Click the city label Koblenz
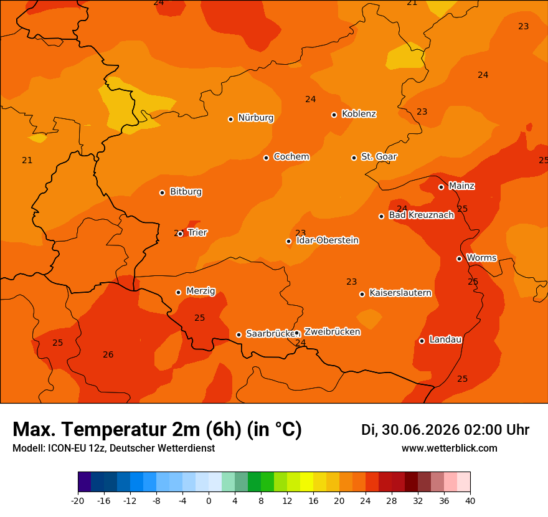(x=359, y=114)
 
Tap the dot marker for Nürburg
(x=230, y=119)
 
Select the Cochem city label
(x=291, y=156)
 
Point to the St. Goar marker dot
(x=354, y=158)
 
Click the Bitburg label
(x=186, y=192)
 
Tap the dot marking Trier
(x=181, y=234)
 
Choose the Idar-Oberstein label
(x=328, y=240)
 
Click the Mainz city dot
(x=441, y=187)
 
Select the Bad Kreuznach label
(x=422, y=215)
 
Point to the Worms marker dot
(x=459, y=258)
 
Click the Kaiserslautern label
(x=400, y=293)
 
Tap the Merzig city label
(x=201, y=291)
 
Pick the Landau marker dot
(x=422, y=341)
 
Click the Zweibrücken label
(x=332, y=332)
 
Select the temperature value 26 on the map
(x=108, y=355)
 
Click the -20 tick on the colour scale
(x=78, y=501)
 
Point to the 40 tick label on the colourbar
(x=470, y=501)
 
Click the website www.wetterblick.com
(x=450, y=448)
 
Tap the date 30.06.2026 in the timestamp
(x=421, y=430)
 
